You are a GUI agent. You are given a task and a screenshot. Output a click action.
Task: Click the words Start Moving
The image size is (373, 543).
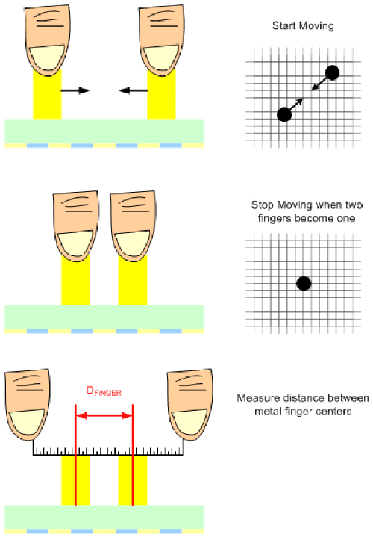[x=303, y=26]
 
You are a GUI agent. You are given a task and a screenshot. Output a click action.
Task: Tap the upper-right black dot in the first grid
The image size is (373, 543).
[x=332, y=72]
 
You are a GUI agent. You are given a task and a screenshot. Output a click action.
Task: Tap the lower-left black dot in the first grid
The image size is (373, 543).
[x=284, y=114]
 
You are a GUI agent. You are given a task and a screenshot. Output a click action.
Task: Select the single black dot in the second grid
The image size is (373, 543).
[x=304, y=283]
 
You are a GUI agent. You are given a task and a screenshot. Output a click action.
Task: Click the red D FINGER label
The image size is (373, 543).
[x=104, y=391]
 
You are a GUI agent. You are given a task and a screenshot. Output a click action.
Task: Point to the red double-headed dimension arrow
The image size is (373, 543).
[x=104, y=415]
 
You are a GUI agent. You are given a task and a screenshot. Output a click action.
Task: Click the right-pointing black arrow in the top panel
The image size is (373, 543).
[x=75, y=90]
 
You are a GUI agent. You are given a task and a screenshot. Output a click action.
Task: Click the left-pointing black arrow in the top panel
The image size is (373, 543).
[x=134, y=90]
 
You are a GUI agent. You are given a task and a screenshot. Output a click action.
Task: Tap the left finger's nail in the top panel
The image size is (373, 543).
[x=47, y=57]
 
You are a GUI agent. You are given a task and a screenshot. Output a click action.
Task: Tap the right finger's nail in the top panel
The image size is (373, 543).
[x=161, y=57]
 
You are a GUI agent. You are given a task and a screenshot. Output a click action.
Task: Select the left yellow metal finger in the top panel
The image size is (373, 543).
[x=48, y=94]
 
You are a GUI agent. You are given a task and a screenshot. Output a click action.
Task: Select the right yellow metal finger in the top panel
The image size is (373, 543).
[x=161, y=94]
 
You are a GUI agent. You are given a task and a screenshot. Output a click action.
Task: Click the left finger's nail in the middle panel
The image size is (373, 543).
[x=75, y=243]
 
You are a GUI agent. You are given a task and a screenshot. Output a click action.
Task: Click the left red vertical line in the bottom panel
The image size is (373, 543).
[x=76, y=455]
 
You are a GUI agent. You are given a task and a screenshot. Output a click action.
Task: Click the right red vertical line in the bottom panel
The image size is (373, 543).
[x=133, y=455]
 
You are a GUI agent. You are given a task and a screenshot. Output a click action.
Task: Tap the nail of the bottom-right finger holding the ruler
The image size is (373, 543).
[x=189, y=421]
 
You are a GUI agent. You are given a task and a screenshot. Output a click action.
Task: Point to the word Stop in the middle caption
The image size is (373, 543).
[x=263, y=205]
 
